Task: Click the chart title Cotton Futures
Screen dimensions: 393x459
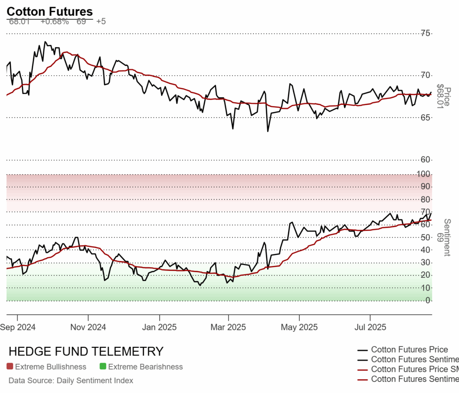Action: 50,12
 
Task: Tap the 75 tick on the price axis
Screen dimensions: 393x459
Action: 425,33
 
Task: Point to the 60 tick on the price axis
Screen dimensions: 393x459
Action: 425,160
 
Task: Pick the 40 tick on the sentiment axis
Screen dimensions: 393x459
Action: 425,250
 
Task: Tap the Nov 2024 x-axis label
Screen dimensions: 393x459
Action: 88,327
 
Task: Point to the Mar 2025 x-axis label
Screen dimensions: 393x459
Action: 228,327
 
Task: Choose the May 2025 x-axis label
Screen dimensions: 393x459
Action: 299,327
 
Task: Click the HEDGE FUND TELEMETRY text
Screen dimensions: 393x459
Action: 86,351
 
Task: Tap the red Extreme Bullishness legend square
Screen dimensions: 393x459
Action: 10,367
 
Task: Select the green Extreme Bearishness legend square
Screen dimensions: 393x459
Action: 103,367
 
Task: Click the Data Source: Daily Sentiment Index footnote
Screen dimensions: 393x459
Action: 71,380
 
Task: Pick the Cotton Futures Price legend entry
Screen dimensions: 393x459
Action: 409,350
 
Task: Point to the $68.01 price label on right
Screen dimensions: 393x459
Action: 446,96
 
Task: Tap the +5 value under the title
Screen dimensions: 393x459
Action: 101,21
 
